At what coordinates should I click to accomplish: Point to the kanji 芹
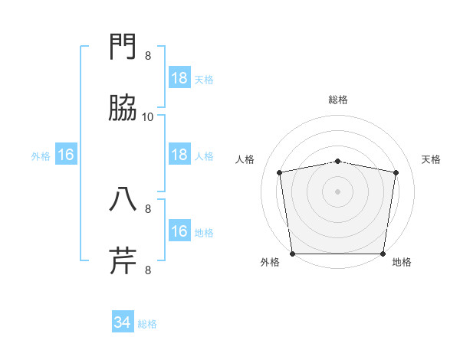coord(123,261)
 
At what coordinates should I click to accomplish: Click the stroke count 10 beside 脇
coord(148,117)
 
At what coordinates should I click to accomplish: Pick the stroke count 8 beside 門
coord(148,56)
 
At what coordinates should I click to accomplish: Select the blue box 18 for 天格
coord(179,77)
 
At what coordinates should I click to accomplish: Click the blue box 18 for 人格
coord(179,155)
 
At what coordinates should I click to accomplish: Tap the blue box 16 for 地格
coord(179,231)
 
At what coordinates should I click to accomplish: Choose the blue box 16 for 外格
coord(66,155)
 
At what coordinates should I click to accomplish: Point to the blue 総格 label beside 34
coord(148,324)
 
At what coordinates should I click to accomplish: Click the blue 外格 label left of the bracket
coord(41,156)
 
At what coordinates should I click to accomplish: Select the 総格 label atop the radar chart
coord(338,100)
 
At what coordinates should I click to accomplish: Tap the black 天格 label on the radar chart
coord(431,159)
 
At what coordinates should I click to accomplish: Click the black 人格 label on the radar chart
coord(245,159)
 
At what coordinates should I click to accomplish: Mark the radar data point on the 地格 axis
coord(383,254)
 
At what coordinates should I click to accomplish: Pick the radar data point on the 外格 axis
coord(292,254)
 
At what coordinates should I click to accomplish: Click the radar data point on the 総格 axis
coord(338,161)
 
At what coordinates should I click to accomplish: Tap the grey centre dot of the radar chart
coord(338,191)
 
